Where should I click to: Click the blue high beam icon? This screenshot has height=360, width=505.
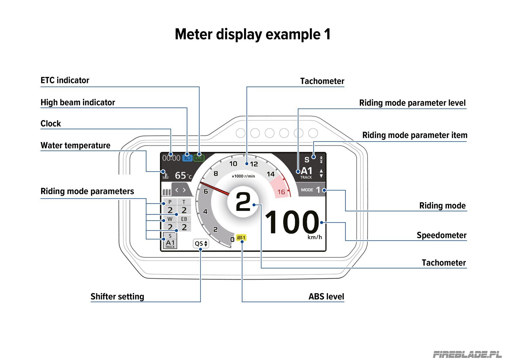(x=187, y=158)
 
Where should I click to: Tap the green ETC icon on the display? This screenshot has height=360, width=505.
(x=199, y=158)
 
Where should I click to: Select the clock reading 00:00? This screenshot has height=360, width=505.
(x=171, y=158)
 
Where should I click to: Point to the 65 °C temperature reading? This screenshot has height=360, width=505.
(x=183, y=175)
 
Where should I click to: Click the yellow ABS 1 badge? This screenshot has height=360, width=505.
(x=241, y=238)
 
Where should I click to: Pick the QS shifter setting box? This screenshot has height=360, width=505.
(x=201, y=243)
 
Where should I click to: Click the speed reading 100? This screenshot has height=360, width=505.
(x=292, y=222)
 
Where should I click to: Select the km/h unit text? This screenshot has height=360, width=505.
(x=315, y=237)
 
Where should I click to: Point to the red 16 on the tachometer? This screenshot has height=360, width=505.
(x=281, y=192)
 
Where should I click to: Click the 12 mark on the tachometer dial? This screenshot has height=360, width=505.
(x=254, y=164)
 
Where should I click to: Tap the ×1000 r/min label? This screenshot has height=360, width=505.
(x=243, y=176)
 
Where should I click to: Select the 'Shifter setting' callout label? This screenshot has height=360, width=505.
(x=117, y=296)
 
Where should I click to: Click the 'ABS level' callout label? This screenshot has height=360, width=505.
(x=326, y=296)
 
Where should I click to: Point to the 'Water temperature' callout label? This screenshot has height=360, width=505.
(x=75, y=145)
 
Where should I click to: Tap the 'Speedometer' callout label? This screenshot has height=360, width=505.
(x=441, y=235)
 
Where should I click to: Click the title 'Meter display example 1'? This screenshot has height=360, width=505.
(x=253, y=34)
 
